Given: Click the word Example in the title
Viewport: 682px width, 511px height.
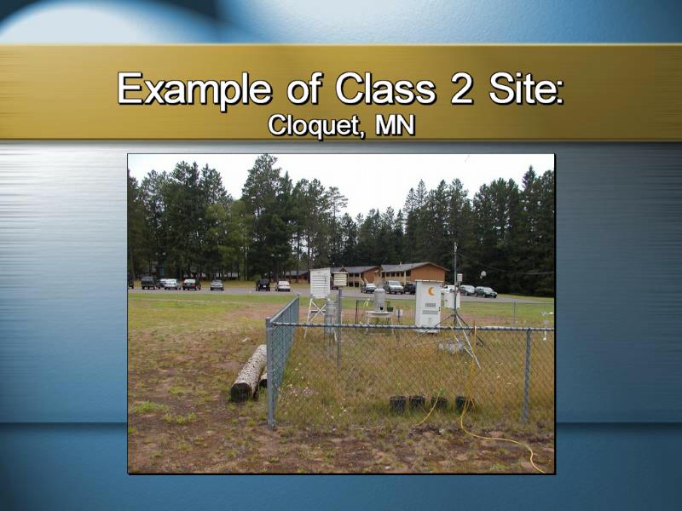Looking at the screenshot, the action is (x=195, y=89).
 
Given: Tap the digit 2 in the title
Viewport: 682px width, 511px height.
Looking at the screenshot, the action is (x=461, y=89).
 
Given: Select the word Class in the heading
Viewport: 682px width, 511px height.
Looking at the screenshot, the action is (x=386, y=89).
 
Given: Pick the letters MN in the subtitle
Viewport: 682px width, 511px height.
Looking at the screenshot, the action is (x=396, y=125).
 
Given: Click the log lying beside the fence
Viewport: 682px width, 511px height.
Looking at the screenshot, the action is (x=249, y=373).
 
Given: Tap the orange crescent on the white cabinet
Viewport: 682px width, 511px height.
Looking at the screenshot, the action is (x=431, y=291).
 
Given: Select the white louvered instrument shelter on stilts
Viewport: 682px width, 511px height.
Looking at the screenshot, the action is (x=320, y=284).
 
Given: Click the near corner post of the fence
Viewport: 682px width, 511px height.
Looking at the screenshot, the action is (x=270, y=373).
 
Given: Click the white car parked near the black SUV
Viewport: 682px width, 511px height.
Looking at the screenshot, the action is (x=283, y=286).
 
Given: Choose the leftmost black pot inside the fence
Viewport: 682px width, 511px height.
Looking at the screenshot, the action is (x=397, y=404).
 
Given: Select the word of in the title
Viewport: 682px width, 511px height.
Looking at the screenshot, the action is (x=305, y=89).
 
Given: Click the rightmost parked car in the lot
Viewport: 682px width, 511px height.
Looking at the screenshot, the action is (x=486, y=292).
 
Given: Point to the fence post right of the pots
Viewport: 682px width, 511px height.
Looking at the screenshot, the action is (x=526, y=375).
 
